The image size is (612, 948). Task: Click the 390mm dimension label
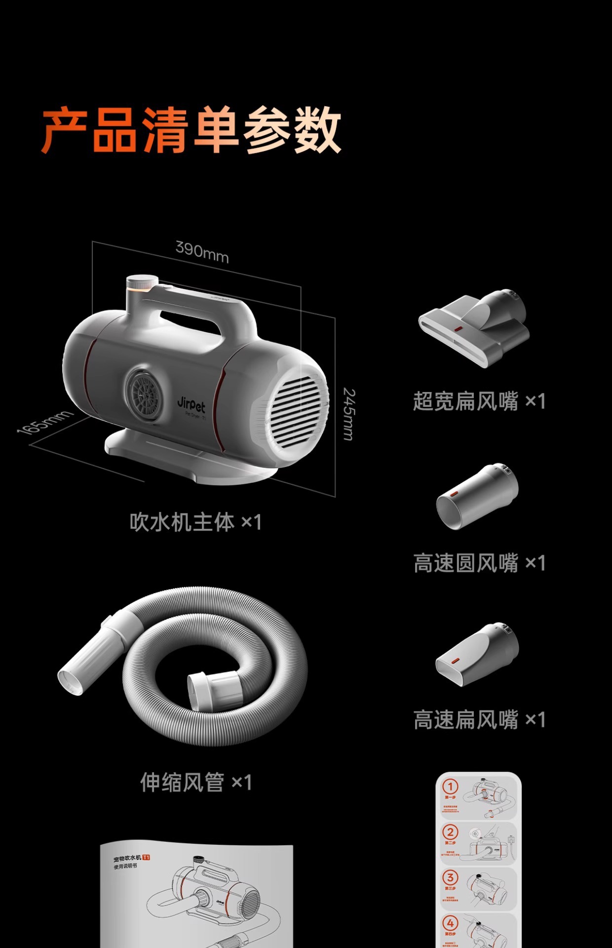(202, 251)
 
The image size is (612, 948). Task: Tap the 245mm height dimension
(349, 414)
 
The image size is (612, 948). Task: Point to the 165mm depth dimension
(44, 423)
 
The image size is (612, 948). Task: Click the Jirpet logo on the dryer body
(191, 404)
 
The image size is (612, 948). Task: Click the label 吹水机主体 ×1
(195, 522)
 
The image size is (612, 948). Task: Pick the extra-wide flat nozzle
(474, 326)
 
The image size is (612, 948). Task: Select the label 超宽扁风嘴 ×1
(479, 401)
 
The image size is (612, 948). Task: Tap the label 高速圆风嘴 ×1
(479, 563)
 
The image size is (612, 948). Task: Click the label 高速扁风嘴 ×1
(479, 720)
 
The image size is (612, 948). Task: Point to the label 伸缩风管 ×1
(196, 782)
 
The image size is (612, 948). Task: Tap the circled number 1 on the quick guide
(450, 786)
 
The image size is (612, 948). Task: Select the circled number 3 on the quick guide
(450, 877)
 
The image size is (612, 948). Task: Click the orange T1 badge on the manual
(146, 857)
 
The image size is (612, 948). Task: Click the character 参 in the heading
(267, 130)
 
